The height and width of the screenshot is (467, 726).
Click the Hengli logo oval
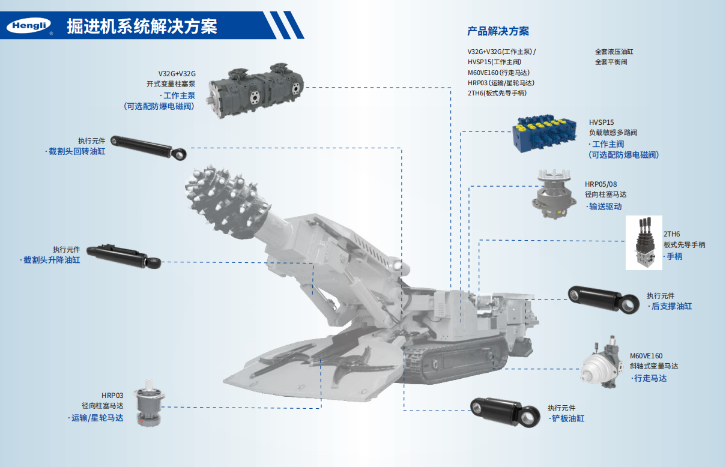(28, 25)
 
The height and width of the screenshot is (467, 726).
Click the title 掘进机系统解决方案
(142, 26)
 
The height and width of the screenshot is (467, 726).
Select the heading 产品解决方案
(498, 31)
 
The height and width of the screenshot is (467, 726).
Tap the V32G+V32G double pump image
(255, 90)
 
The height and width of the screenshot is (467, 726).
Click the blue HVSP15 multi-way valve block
(545, 133)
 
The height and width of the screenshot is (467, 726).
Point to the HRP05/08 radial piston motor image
(554, 194)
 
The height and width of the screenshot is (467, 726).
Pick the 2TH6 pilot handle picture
(644, 243)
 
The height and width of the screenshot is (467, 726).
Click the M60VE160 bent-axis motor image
(602, 363)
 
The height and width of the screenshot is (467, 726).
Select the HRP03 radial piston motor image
(149, 403)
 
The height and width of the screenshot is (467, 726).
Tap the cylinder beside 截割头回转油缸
(148, 148)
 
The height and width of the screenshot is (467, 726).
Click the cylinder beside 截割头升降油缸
(124, 257)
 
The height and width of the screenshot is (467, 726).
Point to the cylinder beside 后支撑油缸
(603, 300)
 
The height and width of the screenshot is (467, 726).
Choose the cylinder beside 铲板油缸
(505, 412)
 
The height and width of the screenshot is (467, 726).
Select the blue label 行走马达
(649, 378)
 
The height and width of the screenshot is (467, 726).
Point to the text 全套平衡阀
(611, 62)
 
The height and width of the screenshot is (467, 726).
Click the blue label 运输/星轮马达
(96, 418)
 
